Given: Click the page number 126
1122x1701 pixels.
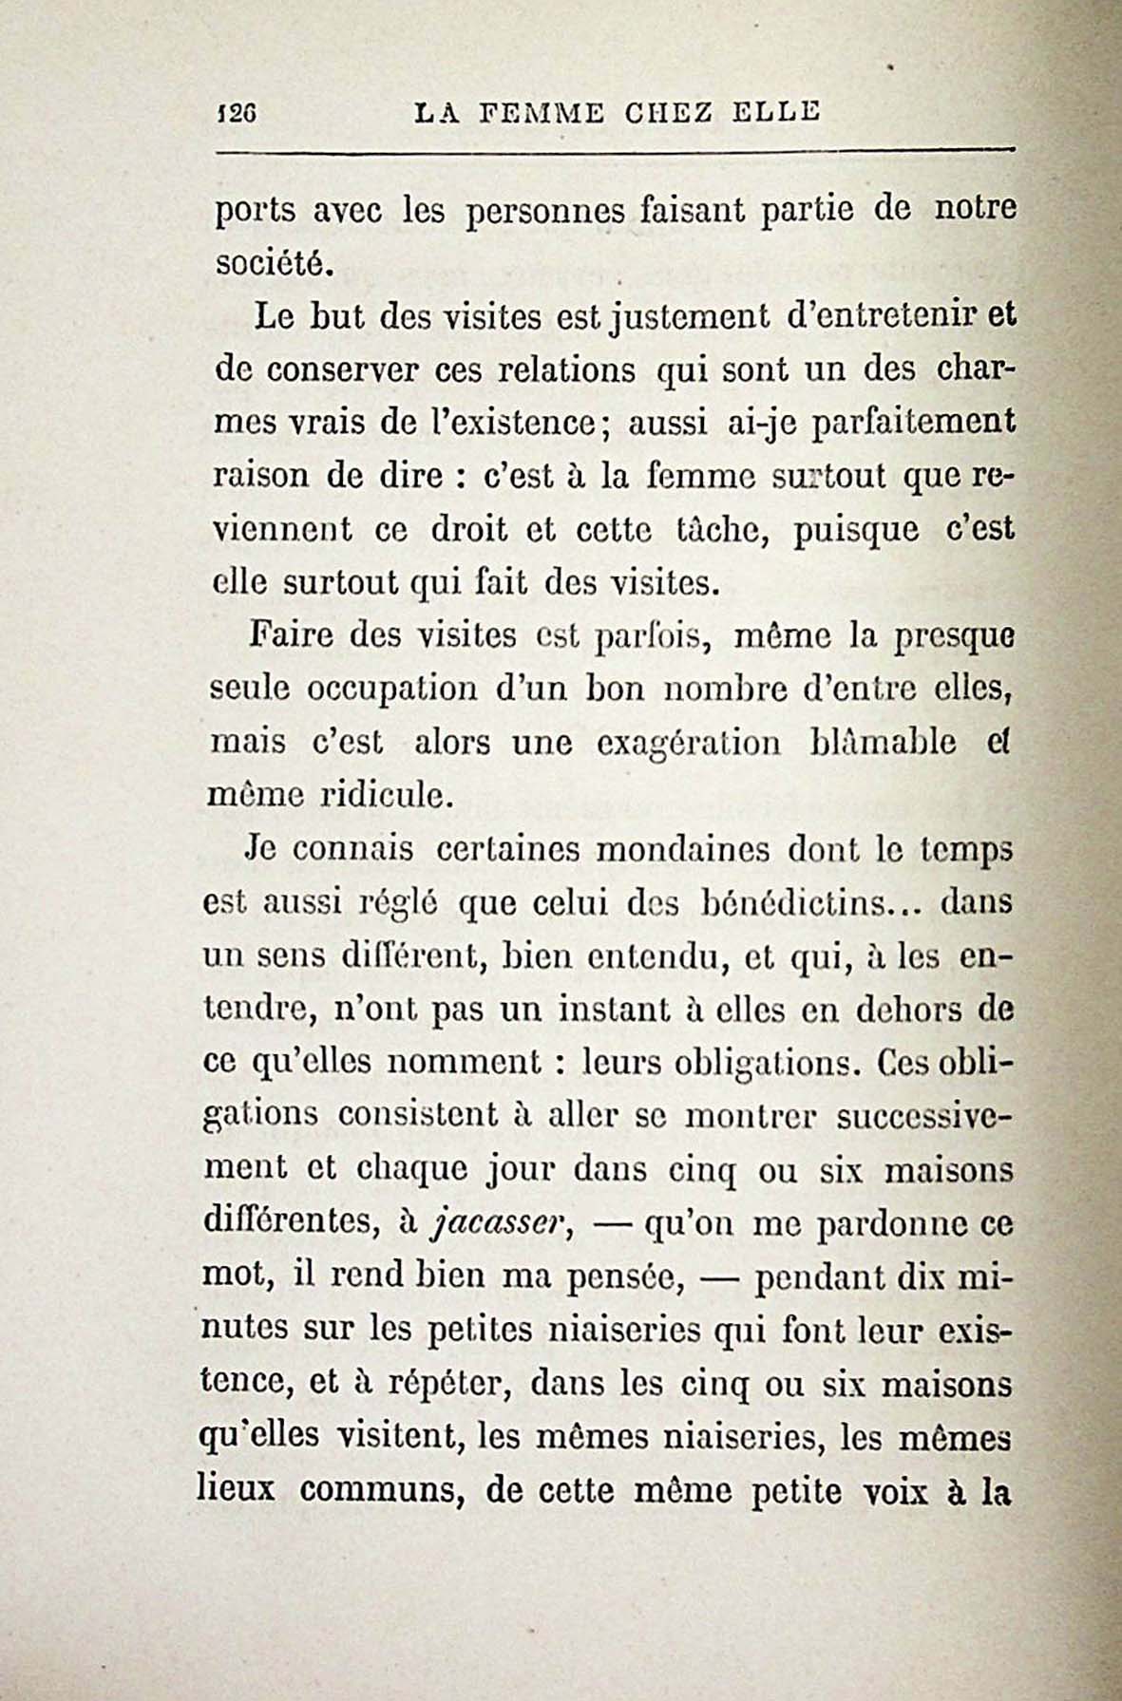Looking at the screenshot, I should pos(233,113).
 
